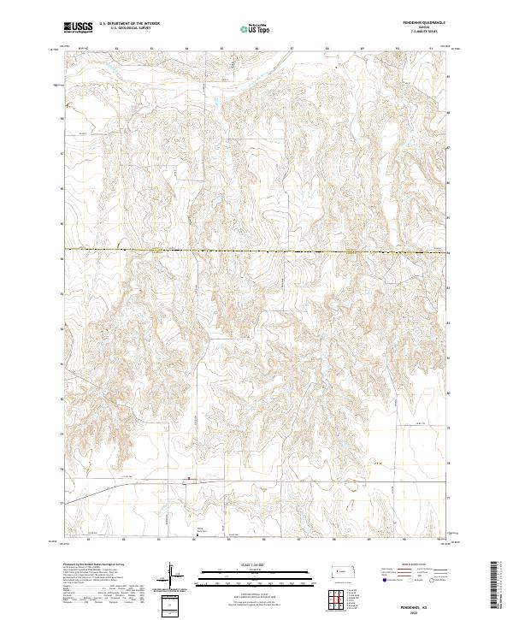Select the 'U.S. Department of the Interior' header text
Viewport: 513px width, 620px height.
(129, 24)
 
